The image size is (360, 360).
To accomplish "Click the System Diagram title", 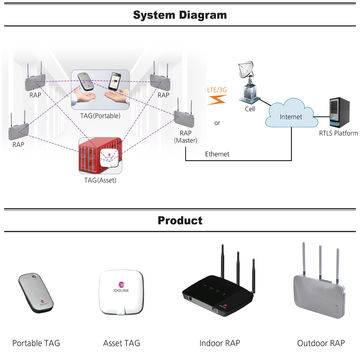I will point(180,15).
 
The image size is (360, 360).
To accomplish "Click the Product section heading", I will point(180,220).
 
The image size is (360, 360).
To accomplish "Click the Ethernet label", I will point(217,154).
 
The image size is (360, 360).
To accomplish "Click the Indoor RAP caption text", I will point(217,343).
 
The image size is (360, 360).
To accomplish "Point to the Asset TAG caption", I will point(122,343).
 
